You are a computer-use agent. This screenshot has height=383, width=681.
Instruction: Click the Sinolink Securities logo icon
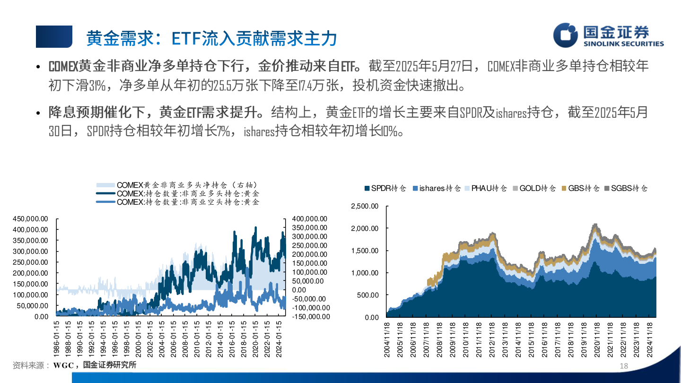566,35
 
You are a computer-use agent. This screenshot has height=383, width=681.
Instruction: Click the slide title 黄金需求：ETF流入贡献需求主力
211,38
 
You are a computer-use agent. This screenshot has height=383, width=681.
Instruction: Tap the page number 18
623,366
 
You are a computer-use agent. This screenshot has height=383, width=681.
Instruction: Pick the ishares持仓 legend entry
436,188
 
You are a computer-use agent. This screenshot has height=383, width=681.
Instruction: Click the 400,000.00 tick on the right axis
310,218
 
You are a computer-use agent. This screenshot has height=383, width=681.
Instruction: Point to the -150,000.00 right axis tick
310,316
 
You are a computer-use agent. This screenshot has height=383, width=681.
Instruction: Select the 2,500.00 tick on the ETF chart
365,206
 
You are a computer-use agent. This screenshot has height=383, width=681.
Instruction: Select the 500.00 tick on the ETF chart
368,295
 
